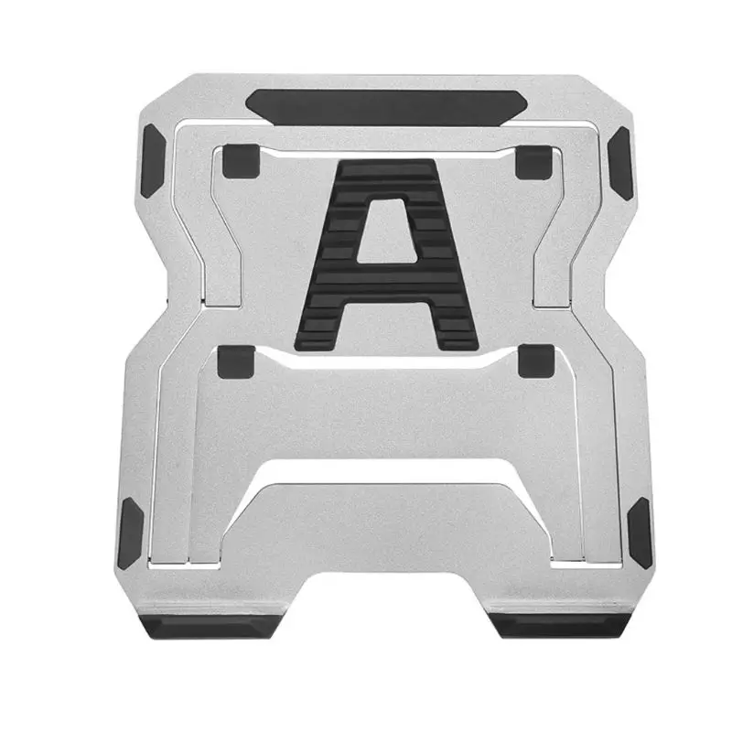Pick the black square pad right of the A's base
(x=533, y=361)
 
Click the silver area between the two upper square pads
(x=293, y=183)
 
